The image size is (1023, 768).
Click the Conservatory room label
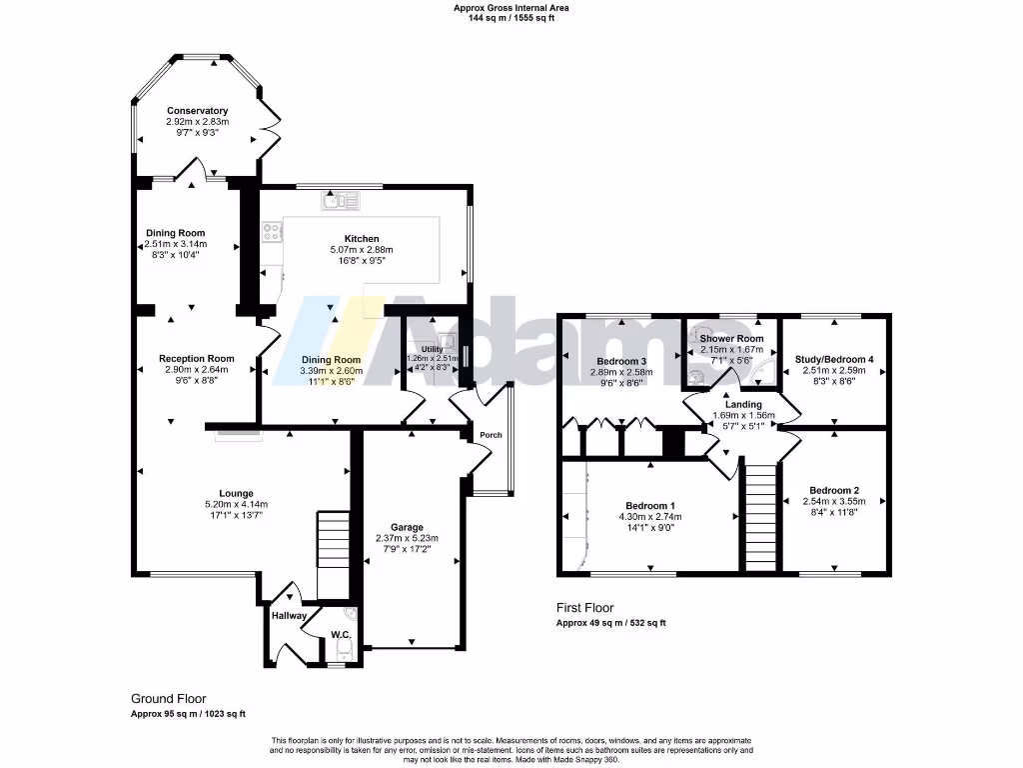point(197,111)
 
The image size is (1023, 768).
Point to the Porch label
point(490,435)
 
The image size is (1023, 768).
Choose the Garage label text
point(408,527)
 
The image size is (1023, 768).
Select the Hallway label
point(289,616)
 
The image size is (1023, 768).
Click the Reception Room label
point(196,358)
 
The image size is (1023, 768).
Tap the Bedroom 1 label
point(650,505)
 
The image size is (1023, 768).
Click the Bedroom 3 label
point(622,361)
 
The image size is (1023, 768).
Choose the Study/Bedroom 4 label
point(834,359)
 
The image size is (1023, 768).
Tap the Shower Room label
point(731,339)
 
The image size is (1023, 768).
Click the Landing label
point(743,404)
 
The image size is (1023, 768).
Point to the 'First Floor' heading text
point(584,607)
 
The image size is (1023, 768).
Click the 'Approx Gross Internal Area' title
point(511,7)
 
